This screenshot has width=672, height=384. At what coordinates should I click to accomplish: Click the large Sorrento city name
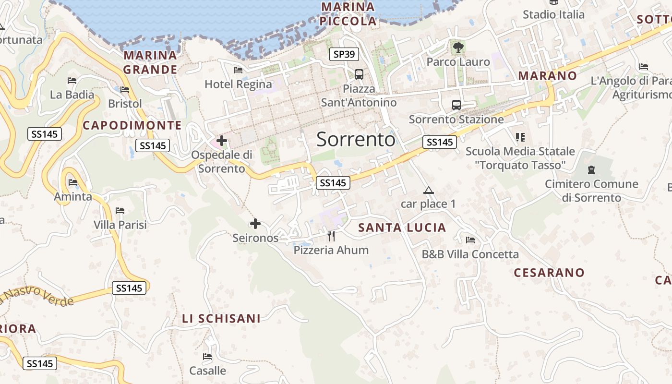[x=356, y=139]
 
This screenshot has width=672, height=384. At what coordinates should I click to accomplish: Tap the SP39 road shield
[x=344, y=54]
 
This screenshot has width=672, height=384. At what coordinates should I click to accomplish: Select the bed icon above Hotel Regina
[x=238, y=70]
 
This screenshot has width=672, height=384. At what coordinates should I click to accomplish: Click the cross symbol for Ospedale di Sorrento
[x=222, y=141]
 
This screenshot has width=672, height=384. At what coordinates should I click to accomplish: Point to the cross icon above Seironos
[x=255, y=224]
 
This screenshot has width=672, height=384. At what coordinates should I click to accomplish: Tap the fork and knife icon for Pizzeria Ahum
[x=331, y=236]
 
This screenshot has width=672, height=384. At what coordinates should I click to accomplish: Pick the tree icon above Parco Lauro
[x=458, y=47]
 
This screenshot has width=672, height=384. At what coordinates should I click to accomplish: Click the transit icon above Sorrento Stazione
[x=456, y=105]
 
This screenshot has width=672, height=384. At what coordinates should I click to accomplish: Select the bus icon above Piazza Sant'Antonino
[x=359, y=74]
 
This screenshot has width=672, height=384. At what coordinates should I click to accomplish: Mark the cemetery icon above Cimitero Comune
[x=591, y=169]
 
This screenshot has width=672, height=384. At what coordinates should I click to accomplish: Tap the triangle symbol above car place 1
[x=429, y=190]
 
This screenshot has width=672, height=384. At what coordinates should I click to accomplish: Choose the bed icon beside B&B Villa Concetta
[x=470, y=240]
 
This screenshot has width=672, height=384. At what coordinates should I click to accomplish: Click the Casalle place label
[x=207, y=371]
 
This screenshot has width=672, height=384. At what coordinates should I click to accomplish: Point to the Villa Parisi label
[x=120, y=225]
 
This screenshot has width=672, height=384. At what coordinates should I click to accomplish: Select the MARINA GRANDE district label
[x=150, y=62]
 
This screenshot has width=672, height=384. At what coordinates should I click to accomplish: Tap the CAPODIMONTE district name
[x=132, y=125]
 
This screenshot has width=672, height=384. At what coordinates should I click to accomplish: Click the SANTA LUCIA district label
[x=402, y=228]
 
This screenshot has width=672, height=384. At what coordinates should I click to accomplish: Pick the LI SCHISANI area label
[x=221, y=318]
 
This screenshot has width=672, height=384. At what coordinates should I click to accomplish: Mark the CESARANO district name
[x=549, y=273]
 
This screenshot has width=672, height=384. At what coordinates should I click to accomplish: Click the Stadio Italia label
[x=553, y=14]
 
